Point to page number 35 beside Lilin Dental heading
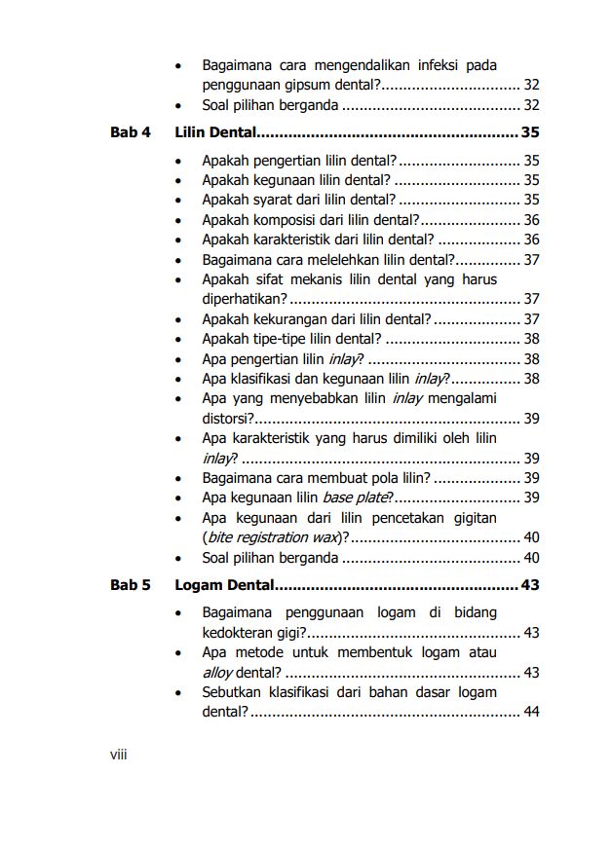click(530, 132)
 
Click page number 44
click(531, 713)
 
